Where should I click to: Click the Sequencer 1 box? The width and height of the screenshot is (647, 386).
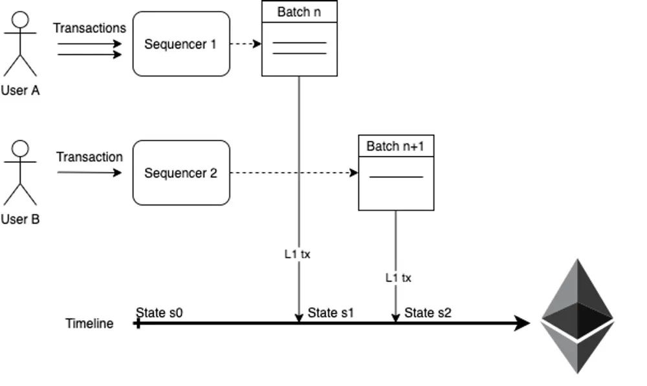pyautogui.click(x=181, y=44)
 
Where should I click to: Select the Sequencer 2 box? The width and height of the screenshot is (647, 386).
pyautogui.click(x=181, y=173)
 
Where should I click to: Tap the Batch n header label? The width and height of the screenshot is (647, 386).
pyautogui.click(x=299, y=12)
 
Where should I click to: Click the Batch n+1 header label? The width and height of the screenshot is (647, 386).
pyautogui.click(x=395, y=146)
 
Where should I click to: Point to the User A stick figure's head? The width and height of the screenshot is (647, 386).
pyautogui.click(x=21, y=19)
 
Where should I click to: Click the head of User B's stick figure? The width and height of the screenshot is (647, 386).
pyautogui.click(x=21, y=149)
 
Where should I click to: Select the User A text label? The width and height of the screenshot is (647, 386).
pyautogui.click(x=20, y=91)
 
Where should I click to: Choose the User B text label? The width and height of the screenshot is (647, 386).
pyautogui.click(x=20, y=219)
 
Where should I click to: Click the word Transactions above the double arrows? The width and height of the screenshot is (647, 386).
pyautogui.click(x=89, y=28)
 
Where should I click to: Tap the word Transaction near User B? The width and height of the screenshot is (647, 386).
pyautogui.click(x=89, y=156)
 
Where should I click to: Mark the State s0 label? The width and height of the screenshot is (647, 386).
pyautogui.click(x=159, y=313)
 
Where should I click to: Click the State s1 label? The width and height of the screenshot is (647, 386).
pyautogui.click(x=331, y=313)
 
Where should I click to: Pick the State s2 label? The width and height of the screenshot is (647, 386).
pyautogui.click(x=428, y=313)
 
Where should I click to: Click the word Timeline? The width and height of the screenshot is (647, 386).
pyautogui.click(x=89, y=323)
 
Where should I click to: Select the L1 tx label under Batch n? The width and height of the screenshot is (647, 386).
pyautogui.click(x=298, y=254)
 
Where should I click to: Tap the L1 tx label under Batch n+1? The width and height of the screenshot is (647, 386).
pyautogui.click(x=399, y=277)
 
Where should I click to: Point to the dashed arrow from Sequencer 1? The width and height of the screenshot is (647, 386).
pyautogui.click(x=246, y=44)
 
